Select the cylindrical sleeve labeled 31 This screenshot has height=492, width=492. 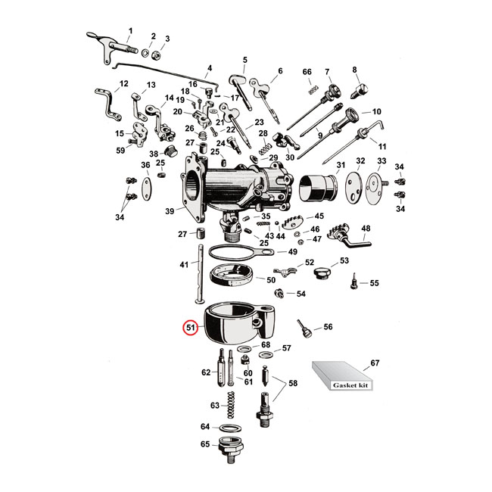[318, 192]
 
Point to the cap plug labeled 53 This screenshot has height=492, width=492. [322, 271]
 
